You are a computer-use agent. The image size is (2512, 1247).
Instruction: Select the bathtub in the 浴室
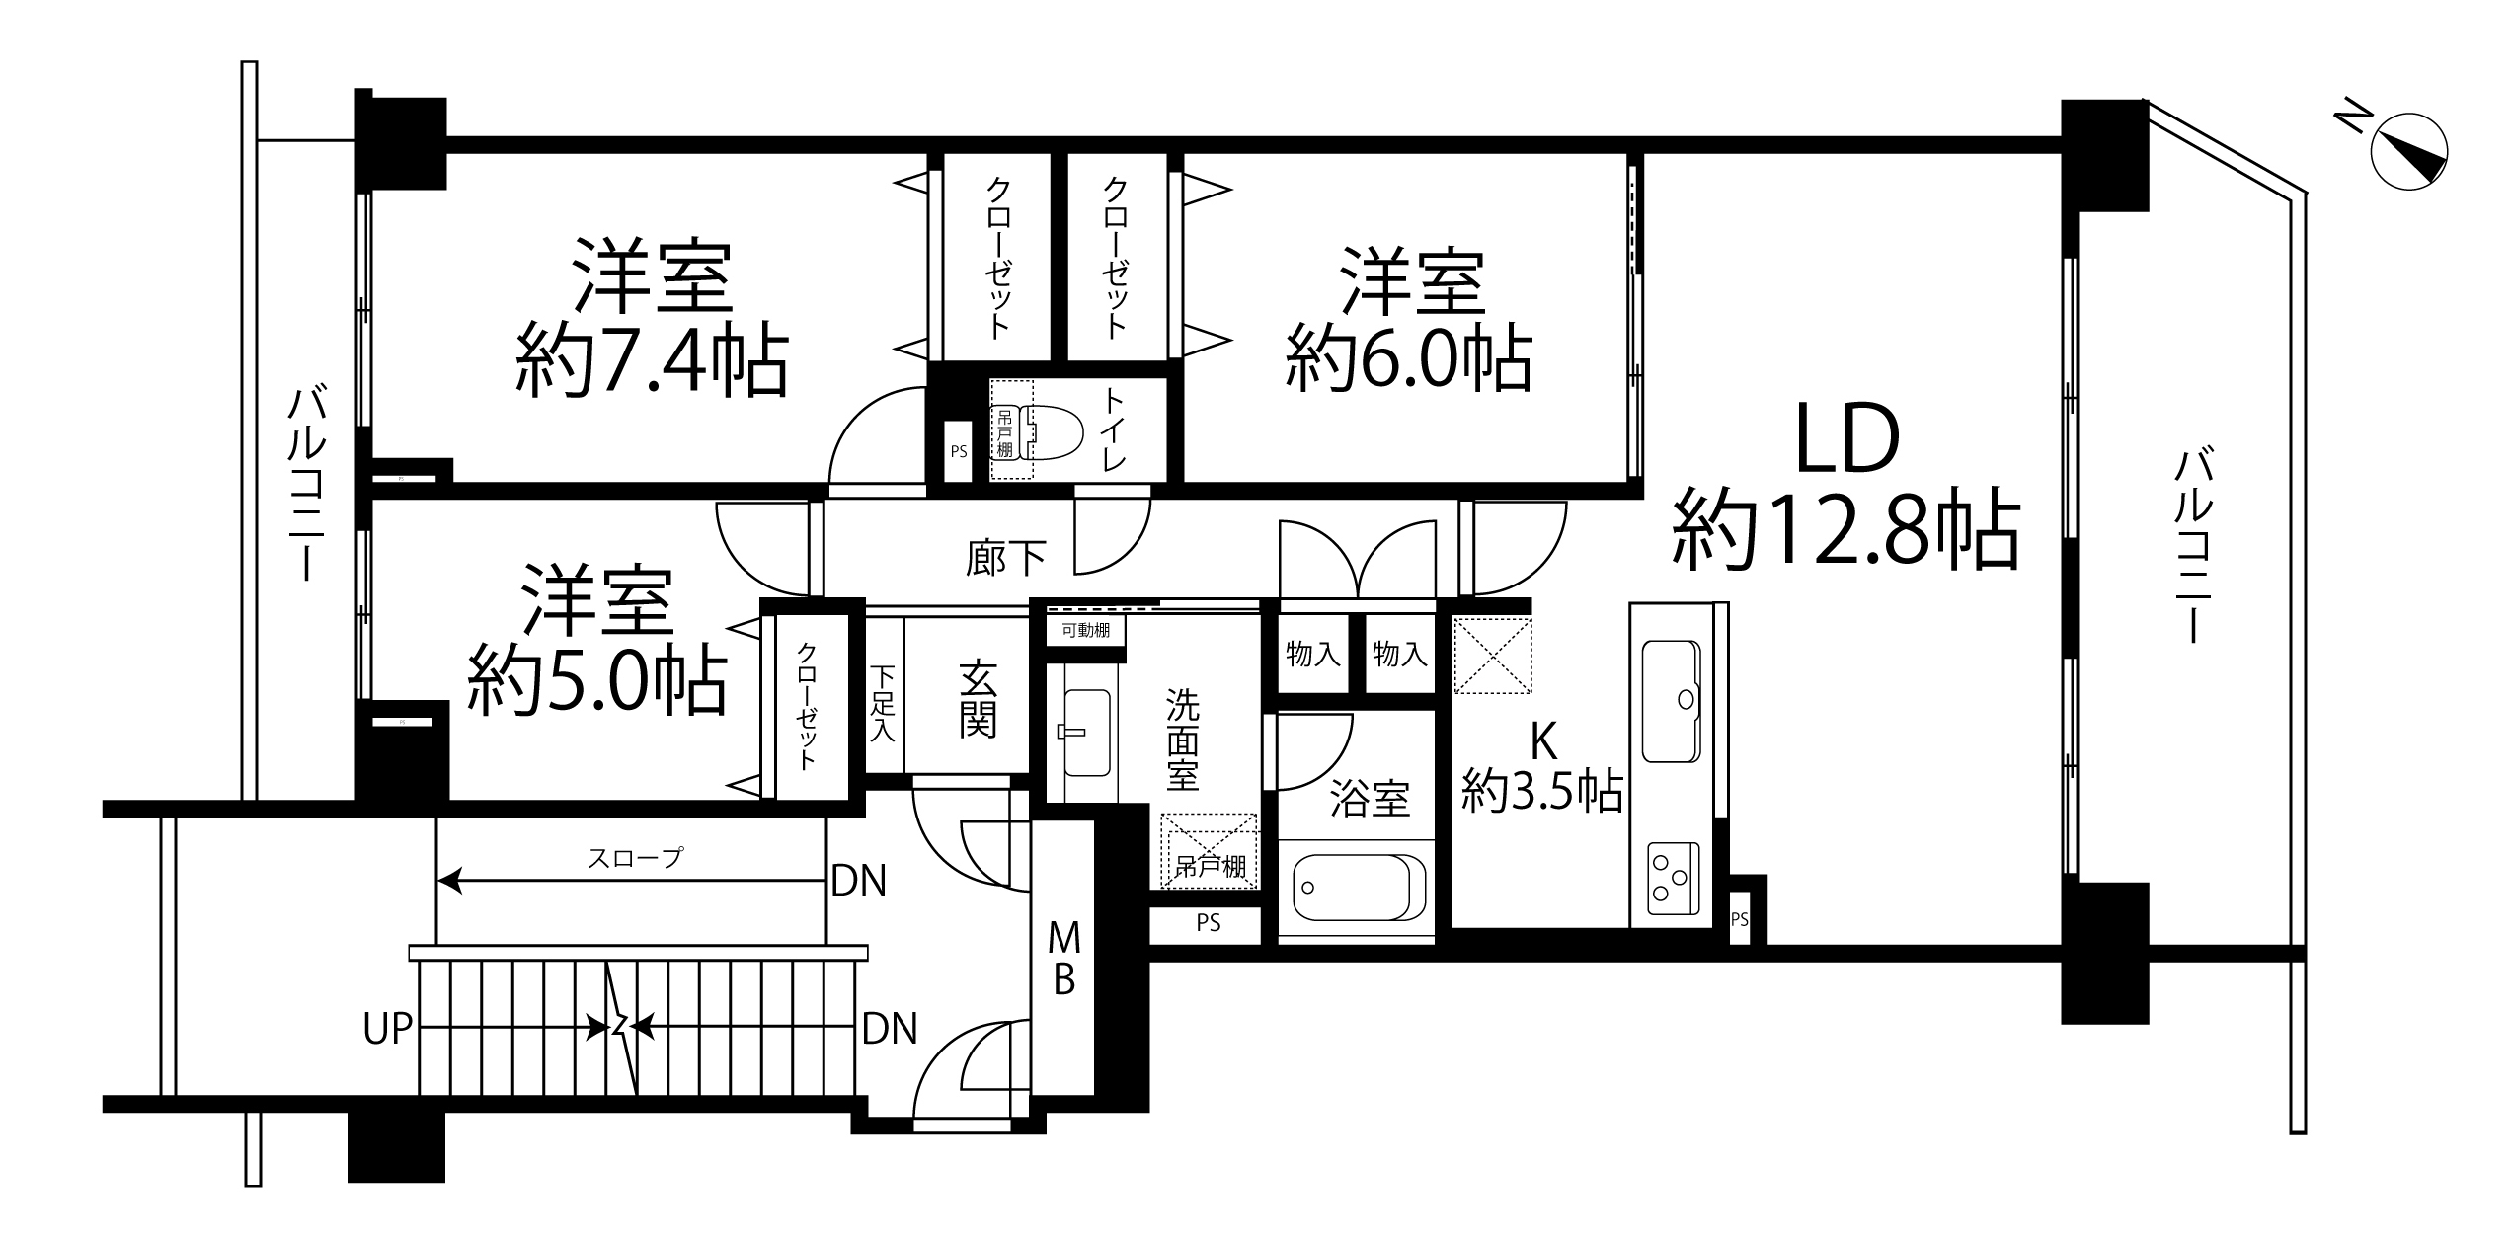[x=1354, y=887]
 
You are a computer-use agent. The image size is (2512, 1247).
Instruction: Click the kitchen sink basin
[x=1671, y=701]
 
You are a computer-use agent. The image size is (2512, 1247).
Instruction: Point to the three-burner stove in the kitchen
[x=1673, y=878]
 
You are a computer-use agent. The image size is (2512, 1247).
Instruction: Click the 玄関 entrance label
[x=978, y=700]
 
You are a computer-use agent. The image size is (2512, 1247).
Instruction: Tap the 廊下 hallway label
[x=1006, y=558]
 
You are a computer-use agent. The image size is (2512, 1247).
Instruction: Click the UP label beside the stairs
[x=387, y=1028]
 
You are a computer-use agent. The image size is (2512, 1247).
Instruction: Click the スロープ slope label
[x=634, y=857]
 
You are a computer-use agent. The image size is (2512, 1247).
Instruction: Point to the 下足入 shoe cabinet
[x=883, y=702]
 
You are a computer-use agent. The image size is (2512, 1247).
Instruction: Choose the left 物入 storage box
[x=1313, y=654]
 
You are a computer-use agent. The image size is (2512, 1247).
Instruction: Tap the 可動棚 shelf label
[x=1086, y=630]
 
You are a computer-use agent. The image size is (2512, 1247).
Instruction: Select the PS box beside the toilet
[x=958, y=452]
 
